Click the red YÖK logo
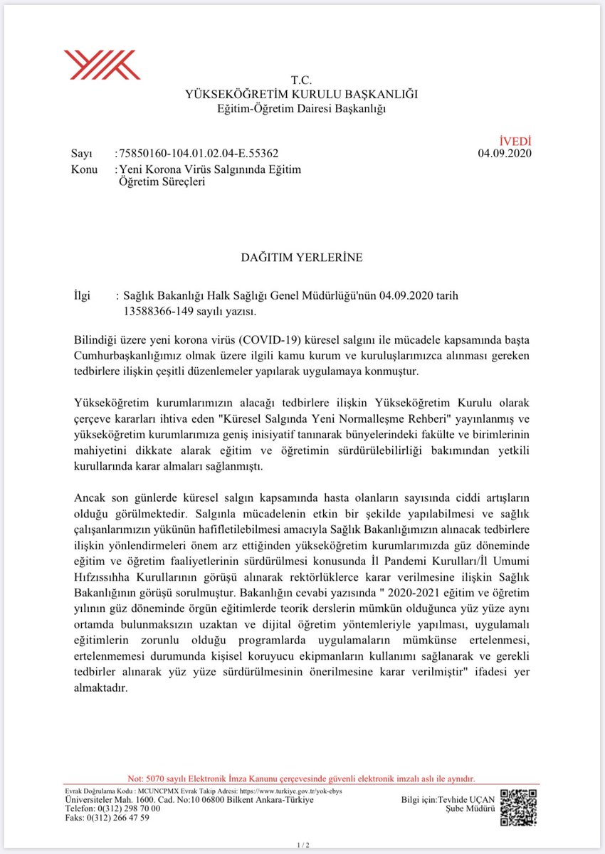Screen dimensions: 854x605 (102, 64)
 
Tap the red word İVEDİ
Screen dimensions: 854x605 (516, 142)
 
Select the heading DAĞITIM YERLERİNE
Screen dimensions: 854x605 (302, 258)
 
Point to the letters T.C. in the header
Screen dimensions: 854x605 (301, 80)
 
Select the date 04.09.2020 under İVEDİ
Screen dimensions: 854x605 (505, 154)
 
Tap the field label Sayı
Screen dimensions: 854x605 (82, 154)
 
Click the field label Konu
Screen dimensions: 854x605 (85, 169)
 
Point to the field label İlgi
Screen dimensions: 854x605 (83, 295)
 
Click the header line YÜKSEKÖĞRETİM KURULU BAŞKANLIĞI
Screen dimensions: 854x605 (301, 94)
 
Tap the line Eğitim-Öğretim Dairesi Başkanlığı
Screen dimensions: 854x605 (301, 108)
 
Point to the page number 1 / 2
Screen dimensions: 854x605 (302, 845)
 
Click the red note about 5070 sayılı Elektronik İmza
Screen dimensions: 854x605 (301, 779)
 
